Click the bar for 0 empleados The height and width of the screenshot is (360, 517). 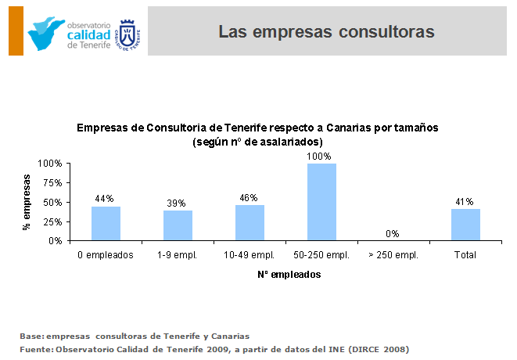click(x=106, y=224)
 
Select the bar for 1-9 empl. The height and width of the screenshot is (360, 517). click(x=178, y=225)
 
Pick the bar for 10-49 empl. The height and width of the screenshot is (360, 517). click(x=250, y=223)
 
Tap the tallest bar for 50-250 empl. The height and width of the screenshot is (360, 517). click(x=321, y=202)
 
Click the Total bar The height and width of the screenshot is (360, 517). click(x=465, y=225)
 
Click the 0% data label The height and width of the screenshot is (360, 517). click(x=393, y=233)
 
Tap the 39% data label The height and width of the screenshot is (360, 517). click(x=177, y=203)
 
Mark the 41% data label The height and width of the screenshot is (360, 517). click(x=465, y=202)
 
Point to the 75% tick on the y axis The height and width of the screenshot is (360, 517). click(x=52, y=183)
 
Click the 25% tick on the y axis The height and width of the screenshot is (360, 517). click(x=52, y=221)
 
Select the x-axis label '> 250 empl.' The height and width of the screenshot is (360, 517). click(x=393, y=255)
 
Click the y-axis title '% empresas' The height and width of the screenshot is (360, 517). click(x=27, y=203)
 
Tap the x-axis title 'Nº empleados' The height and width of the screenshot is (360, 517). click(x=289, y=275)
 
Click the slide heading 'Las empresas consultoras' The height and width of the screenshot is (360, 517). click(x=326, y=32)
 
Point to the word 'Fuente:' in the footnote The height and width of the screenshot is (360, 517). click(x=38, y=348)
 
